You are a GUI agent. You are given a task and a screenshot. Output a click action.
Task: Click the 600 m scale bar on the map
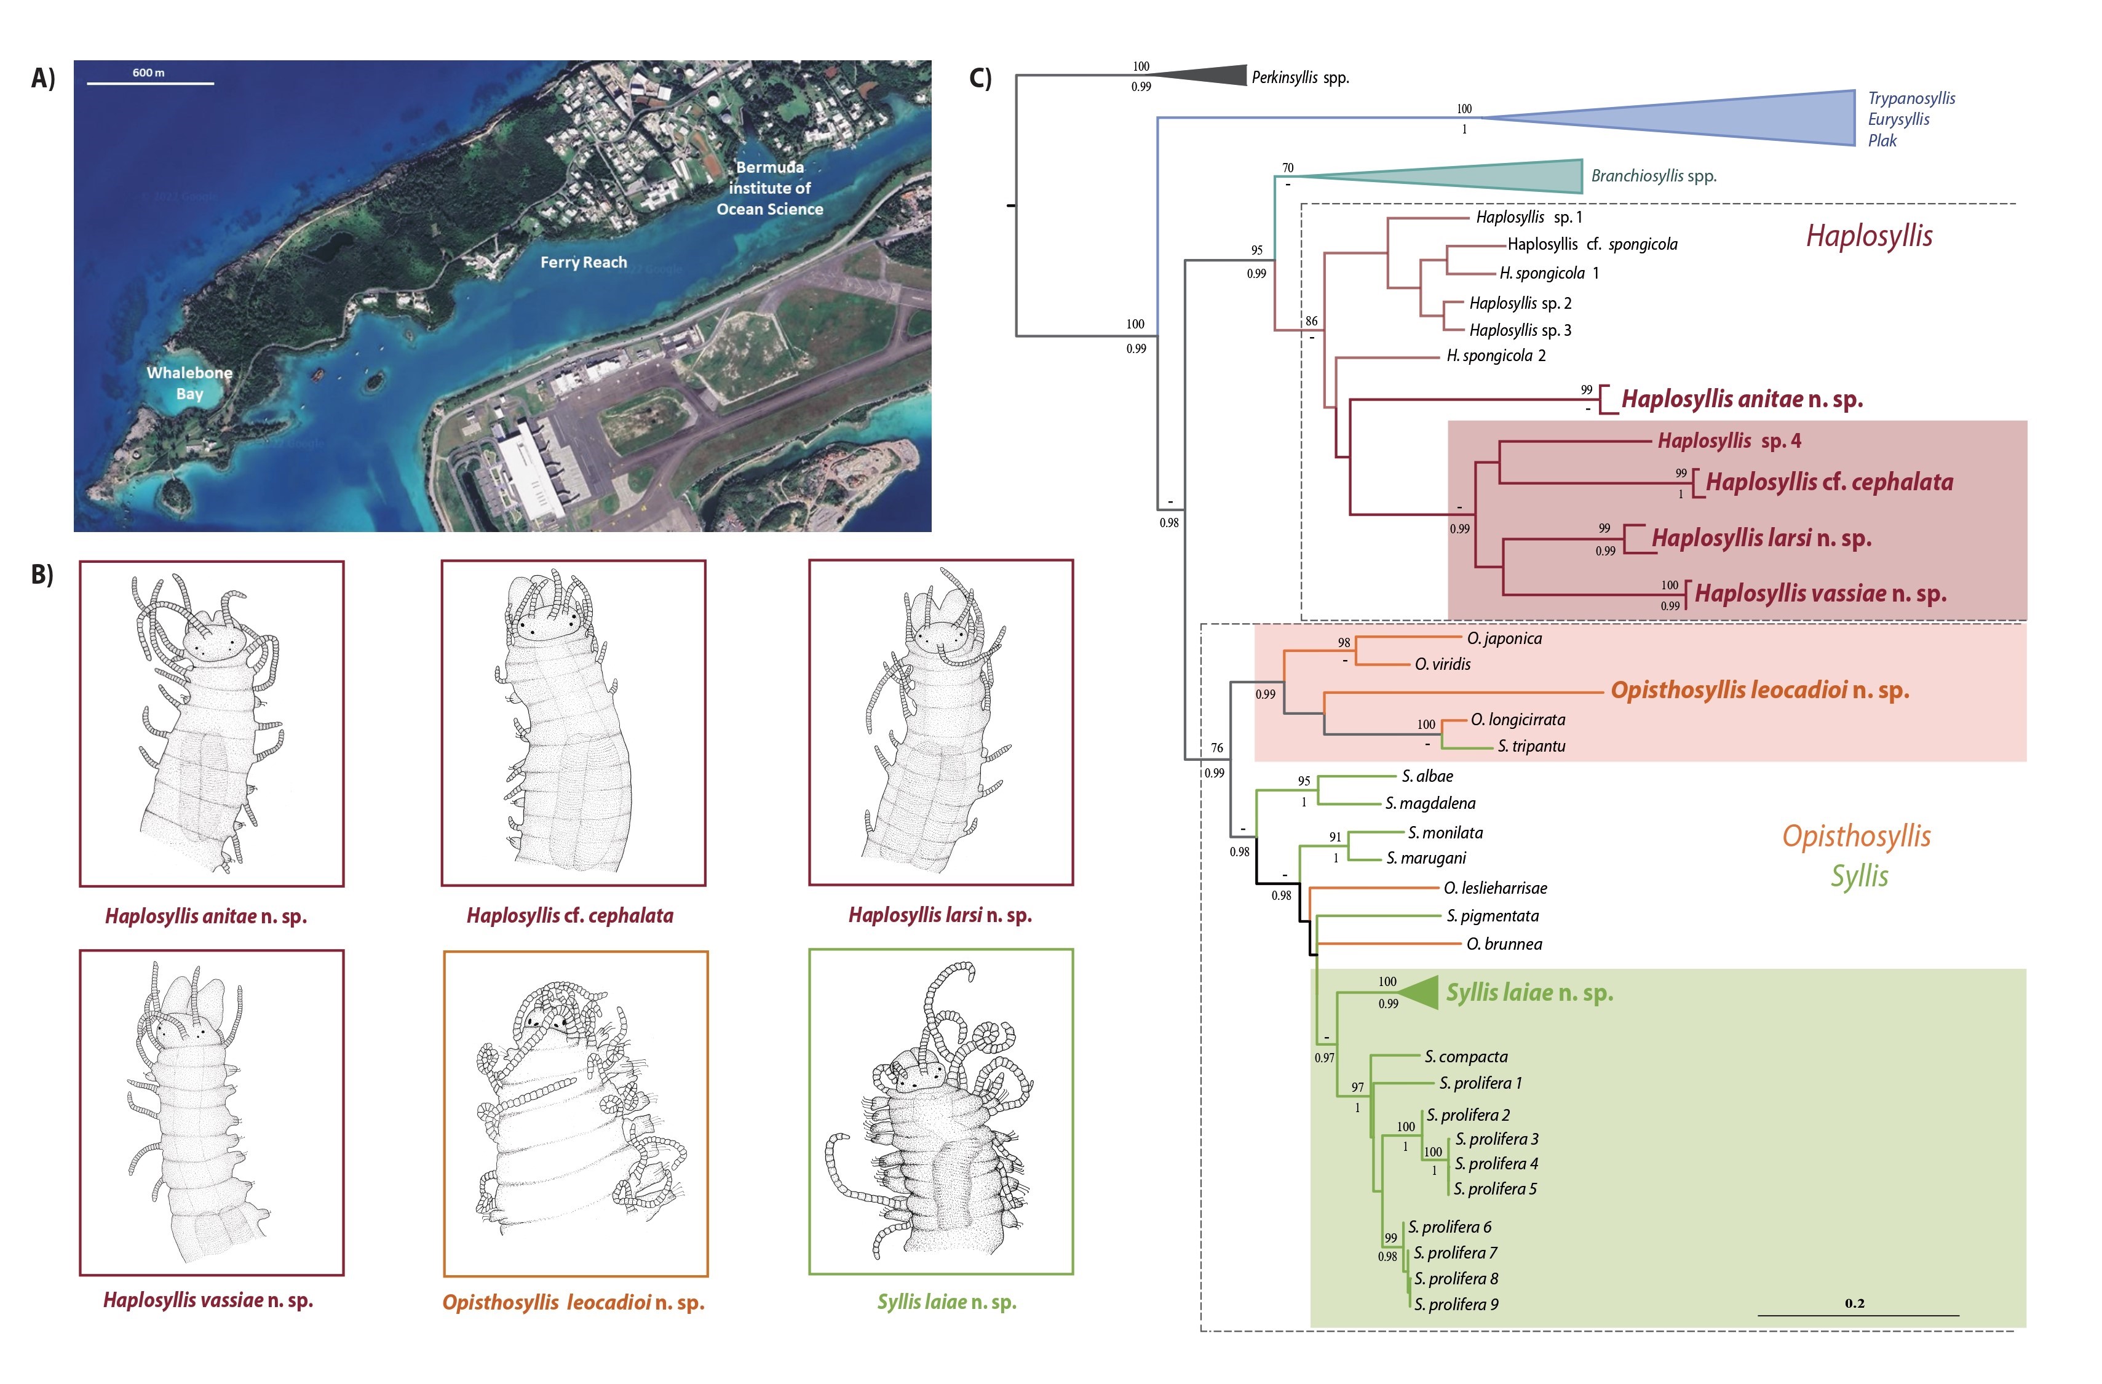click(150, 83)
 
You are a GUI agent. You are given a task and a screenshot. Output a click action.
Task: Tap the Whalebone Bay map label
click(190, 383)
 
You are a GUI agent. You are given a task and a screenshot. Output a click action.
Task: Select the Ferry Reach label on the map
click(583, 262)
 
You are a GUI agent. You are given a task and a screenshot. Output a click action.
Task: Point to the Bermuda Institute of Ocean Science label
click(769, 188)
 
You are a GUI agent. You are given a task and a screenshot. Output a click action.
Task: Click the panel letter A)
click(42, 79)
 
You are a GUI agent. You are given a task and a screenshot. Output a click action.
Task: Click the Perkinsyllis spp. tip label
click(1300, 78)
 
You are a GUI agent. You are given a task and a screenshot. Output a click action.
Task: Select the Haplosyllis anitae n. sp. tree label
click(1742, 399)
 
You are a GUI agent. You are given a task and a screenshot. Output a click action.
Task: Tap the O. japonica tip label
click(1504, 638)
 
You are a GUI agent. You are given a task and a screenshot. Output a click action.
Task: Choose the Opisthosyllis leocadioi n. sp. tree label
click(1759, 691)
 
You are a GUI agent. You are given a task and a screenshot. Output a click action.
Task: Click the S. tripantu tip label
click(1531, 746)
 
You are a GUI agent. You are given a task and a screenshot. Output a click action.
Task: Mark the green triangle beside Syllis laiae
click(1422, 993)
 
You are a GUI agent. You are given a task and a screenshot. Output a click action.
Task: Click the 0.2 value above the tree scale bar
click(1855, 1303)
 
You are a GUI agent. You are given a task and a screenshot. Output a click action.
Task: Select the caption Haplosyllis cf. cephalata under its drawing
click(569, 916)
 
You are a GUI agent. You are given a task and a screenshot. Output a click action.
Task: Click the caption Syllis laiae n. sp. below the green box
click(947, 1302)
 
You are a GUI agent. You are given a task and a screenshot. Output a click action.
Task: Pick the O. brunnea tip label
click(1504, 944)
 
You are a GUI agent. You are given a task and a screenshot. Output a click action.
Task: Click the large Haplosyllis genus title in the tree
click(1869, 236)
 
